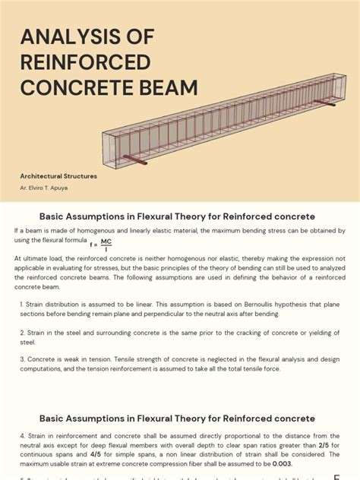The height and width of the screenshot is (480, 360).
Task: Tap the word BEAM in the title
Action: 162,87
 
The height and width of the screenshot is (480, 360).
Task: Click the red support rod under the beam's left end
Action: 137,161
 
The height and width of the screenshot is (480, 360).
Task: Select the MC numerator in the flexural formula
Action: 106,242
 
